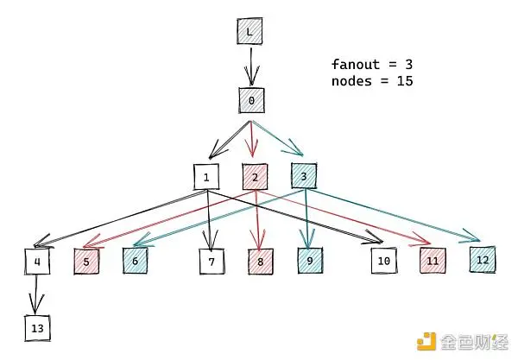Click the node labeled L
point(250,31)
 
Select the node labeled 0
point(251,100)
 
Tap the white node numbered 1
point(206,177)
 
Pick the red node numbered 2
point(255,177)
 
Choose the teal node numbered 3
point(304,176)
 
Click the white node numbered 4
point(37,262)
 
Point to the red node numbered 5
point(86,262)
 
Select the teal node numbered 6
point(136,261)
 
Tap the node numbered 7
point(212,262)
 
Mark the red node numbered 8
point(261,262)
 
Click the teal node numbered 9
point(310,261)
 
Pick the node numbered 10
point(384,261)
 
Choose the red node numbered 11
point(433,261)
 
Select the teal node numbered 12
point(483,260)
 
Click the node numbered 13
point(37,328)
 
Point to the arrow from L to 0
point(251,66)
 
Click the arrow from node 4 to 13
point(35,294)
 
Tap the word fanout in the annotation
point(356,64)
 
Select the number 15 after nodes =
point(405,81)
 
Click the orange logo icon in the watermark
point(426,341)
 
